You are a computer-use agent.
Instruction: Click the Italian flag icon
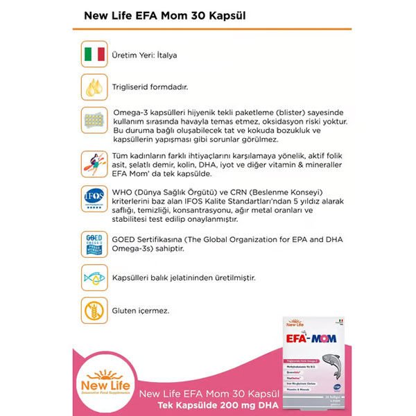point(94,54)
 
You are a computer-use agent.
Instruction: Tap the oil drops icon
point(94,87)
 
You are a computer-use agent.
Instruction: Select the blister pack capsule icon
point(94,121)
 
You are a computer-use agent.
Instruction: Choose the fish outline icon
point(94,277)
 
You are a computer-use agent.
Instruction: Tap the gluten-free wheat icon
point(94,310)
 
